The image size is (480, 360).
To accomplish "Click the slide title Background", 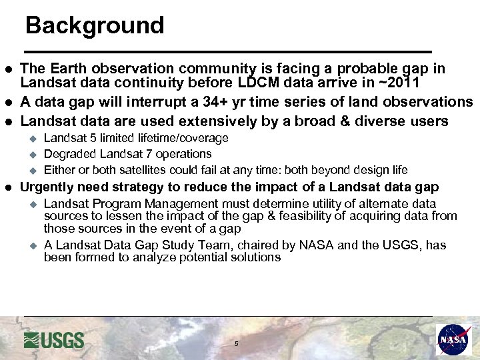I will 94,25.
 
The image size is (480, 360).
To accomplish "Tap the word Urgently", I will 53,187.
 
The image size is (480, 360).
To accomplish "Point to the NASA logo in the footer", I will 453,339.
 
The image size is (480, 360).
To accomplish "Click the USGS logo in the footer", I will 54,340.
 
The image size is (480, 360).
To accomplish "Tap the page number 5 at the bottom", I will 236,344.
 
